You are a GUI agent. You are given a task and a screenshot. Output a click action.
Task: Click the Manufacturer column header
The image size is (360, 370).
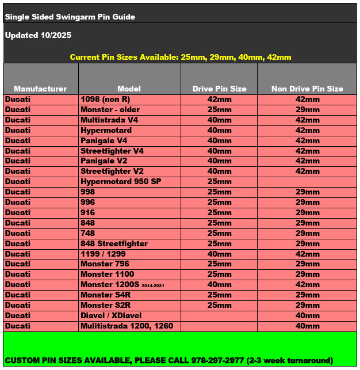40,89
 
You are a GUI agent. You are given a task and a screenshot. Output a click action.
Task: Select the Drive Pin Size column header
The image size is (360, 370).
219,89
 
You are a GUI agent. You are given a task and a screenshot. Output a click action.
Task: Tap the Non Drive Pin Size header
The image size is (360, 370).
307,89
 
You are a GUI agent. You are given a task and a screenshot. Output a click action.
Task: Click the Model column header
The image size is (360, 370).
129,89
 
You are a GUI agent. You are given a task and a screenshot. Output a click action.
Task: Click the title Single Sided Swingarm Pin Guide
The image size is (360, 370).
70,17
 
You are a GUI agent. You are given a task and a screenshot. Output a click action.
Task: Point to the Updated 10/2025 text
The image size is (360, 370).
38,35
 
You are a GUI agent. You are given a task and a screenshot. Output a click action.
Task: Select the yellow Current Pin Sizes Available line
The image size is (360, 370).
181,57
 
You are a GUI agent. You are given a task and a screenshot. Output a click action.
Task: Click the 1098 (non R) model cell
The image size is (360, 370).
105,99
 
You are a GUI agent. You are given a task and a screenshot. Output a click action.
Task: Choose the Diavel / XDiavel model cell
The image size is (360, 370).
111,315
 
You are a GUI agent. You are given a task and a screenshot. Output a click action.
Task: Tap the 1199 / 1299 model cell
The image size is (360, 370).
104,254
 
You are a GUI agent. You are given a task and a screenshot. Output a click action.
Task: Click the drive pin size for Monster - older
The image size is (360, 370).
219,109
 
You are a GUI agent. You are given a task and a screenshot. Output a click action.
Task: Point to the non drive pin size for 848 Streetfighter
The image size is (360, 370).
307,243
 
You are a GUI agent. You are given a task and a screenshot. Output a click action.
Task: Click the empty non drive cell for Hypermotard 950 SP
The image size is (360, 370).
307,181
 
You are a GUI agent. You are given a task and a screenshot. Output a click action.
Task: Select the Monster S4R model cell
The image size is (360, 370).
106,295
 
